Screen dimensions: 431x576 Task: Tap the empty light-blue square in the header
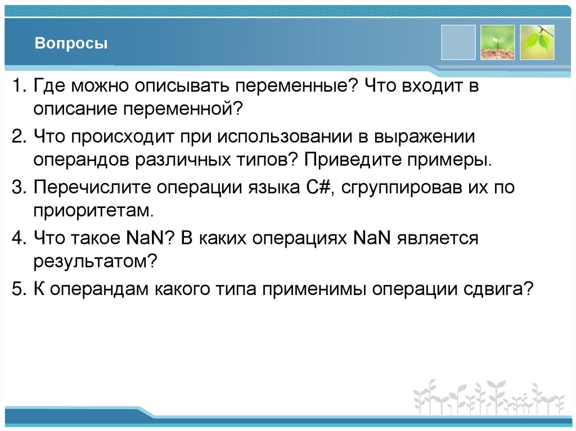pos(458,42)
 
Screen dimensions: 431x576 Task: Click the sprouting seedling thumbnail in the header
pos(497,42)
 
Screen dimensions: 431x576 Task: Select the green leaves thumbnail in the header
pos(537,42)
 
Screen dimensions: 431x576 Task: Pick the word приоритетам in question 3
pos(92,212)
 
